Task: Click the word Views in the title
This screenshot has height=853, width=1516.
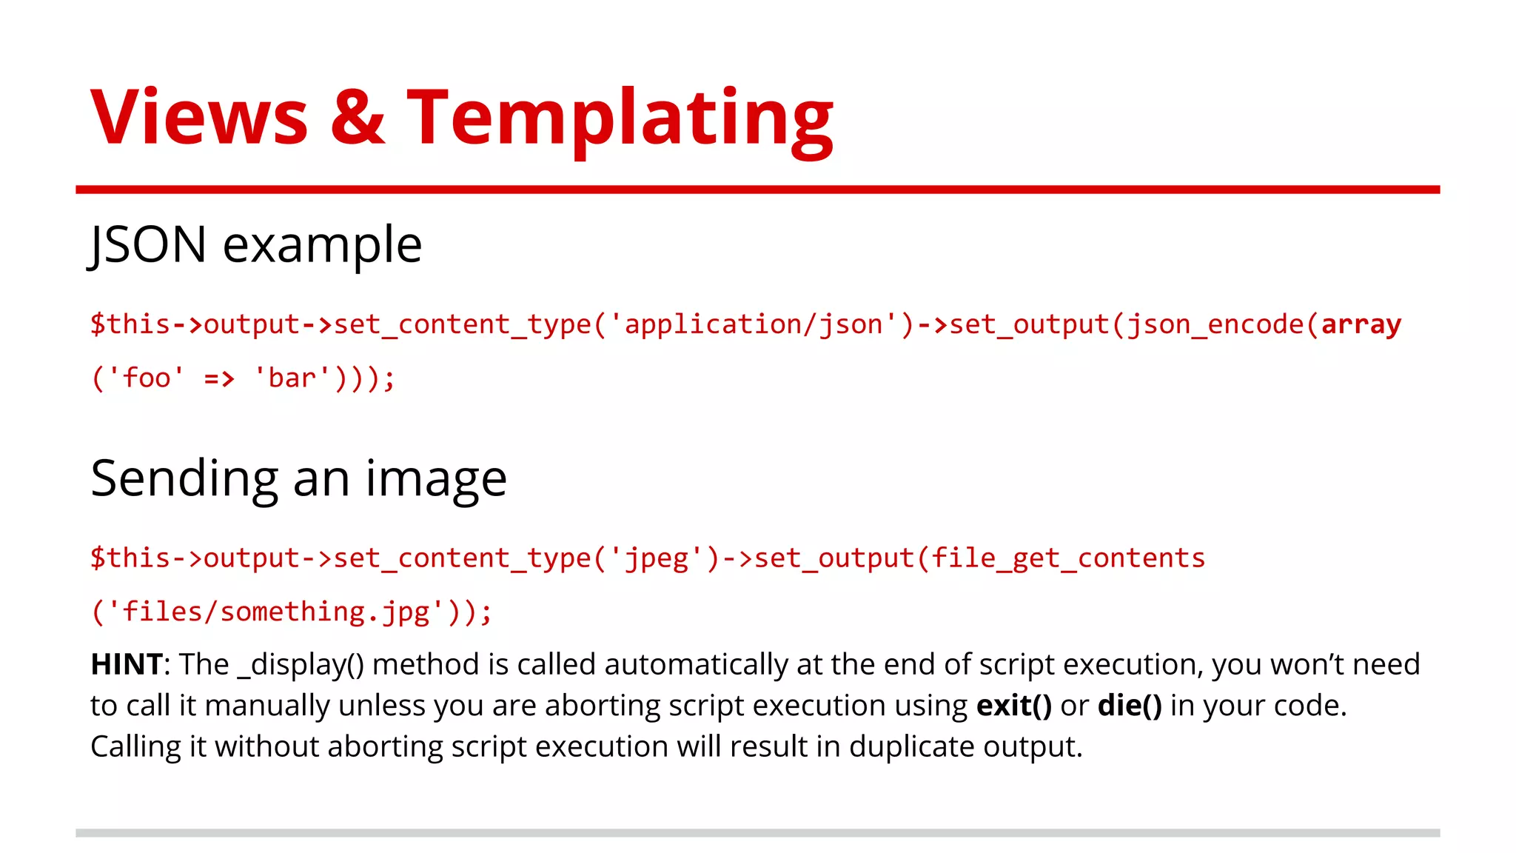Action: (198, 117)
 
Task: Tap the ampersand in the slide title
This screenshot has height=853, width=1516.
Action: (358, 117)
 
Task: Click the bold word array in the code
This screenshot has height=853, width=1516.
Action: (1361, 324)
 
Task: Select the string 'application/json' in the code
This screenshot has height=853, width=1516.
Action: (753, 324)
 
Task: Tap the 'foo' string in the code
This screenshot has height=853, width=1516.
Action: (146, 378)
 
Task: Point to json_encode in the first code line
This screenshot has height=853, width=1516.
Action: (1214, 324)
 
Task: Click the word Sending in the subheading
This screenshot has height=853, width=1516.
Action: (184, 480)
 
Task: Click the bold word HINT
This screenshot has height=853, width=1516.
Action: (127, 664)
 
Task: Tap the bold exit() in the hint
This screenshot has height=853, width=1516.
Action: (1013, 706)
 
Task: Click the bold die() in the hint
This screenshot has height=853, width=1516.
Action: (1130, 706)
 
